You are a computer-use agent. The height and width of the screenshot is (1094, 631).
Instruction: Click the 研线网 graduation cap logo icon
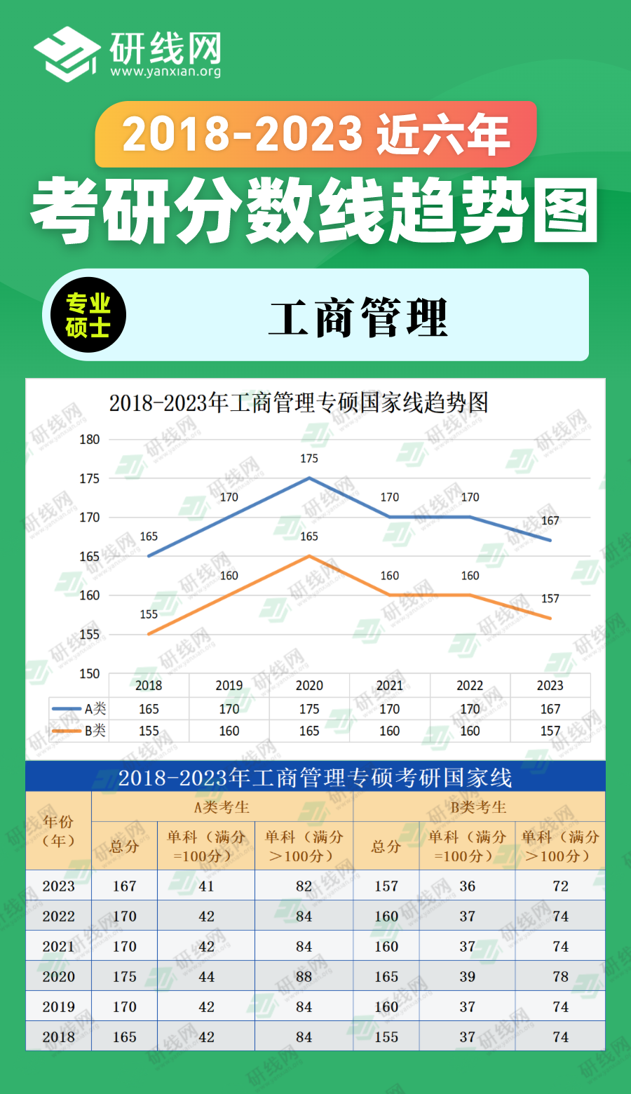tap(67, 54)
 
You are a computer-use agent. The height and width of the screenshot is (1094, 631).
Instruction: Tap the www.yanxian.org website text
tap(165, 72)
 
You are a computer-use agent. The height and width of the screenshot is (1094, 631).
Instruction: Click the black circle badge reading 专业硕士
tap(88, 316)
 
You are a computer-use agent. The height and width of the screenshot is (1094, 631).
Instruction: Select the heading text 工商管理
tap(358, 318)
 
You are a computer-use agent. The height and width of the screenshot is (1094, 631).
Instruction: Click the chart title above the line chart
tap(299, 403)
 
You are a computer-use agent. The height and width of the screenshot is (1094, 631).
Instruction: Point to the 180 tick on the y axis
tap(90, 440)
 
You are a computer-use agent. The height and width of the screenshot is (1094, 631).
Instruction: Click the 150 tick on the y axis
tap(90, 673)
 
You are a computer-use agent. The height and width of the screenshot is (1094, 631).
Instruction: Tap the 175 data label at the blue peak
tap(309, 459)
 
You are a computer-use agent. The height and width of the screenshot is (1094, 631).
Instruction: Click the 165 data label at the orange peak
tap(309, 536)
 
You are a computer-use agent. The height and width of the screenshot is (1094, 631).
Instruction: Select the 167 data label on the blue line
tap(550, 520)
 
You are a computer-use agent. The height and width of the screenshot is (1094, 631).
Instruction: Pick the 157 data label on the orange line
tap(550, 598)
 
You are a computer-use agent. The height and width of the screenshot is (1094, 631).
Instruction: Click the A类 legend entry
tap(79, 709)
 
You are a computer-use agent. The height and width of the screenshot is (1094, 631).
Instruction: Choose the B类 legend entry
tap(79, 731)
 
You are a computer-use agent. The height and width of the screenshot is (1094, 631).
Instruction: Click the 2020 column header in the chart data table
tap(309, 685)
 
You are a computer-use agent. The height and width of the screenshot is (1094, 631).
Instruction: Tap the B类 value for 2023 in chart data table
tap(550, 731)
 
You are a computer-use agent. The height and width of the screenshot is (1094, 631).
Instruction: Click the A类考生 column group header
tap(222, 807)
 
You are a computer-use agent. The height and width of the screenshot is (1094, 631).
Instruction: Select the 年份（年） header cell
tap(58, 831)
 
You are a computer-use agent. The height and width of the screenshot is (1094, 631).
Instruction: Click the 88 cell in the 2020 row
tap(304, 976)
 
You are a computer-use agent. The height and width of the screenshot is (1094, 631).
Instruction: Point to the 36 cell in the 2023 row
tap(468, 886)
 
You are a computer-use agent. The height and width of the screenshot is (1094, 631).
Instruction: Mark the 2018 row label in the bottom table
tap(58, 1036)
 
